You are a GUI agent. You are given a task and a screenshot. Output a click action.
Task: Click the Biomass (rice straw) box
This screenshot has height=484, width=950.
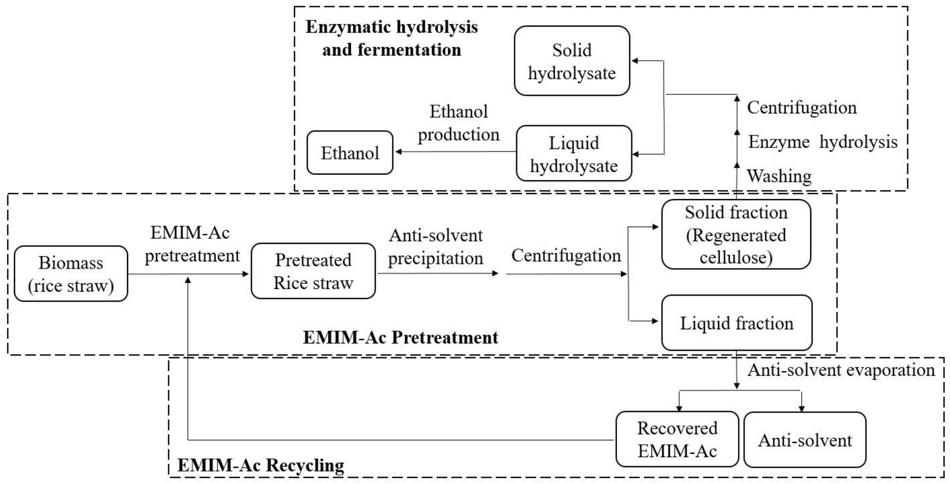(x=71, y=274)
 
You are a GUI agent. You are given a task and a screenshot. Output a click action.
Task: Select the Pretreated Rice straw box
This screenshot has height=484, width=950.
(x=313, y=271)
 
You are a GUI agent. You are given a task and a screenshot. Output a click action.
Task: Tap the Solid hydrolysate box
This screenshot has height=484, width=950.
(x=571, y=61)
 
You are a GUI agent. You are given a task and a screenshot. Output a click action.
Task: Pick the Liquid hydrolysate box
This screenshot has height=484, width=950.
(x=574, y=154)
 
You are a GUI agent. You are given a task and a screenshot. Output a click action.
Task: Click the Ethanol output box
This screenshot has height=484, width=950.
(x=350, y=153)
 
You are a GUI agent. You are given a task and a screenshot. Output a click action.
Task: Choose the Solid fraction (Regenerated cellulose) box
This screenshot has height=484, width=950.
(x=736, y=234)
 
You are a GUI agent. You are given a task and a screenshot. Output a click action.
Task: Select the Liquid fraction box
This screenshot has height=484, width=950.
(x=736, y=323)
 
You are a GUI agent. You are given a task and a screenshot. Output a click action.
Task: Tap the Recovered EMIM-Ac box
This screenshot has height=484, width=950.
(x=677, y=439)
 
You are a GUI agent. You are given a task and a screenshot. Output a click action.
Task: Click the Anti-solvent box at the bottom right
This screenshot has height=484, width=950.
(x=805, y=440)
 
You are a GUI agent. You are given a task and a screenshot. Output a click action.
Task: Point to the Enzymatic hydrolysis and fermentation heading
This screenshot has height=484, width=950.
(x=392, y=38)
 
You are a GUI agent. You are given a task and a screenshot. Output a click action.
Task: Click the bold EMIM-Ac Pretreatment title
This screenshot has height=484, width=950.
(x=400, y=337)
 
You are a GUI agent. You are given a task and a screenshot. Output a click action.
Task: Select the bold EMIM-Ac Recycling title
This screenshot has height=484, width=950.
(x=261, y=465)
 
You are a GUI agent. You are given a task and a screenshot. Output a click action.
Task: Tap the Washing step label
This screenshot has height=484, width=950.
(x=779, y=176)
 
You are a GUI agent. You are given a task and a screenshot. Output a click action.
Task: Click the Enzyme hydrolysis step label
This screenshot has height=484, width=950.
(x=822, y=142)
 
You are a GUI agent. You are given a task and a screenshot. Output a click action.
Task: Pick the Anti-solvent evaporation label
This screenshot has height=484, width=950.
(x=841, y=370)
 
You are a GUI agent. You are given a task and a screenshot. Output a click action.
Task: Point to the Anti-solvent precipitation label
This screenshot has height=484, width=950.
(x=435, y=247)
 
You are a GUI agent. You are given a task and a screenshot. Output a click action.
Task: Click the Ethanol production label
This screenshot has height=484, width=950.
(x=458, y=123)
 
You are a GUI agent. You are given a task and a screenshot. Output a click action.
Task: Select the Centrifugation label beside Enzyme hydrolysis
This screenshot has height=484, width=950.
(x=802, y=108)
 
